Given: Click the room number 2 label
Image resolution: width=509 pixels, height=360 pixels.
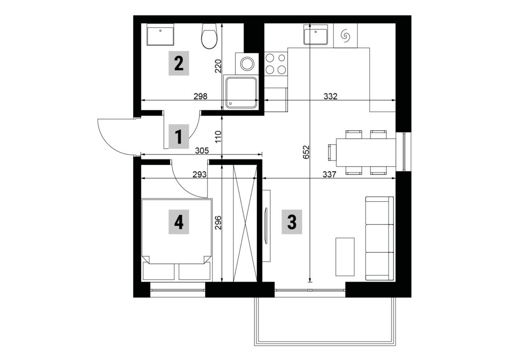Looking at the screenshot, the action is pos(178,63).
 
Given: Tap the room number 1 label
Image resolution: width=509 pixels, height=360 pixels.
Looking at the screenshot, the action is pos(178,137).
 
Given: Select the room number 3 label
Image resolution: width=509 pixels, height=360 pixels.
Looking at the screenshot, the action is pos(292,222).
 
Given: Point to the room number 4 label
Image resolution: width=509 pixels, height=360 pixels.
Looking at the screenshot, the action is pos(178,223).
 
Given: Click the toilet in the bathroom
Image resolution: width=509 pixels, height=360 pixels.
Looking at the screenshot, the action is pos(209,36).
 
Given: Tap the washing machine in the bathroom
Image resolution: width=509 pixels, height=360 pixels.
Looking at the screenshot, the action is pos(247,63).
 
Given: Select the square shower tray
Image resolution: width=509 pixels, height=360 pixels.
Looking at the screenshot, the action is pos(241,92).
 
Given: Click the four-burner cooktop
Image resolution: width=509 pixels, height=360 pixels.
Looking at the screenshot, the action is pos(276,64).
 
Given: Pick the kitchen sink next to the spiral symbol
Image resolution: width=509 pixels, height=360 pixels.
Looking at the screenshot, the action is pos(316,34).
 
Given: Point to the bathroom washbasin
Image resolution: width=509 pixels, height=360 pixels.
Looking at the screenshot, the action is pos(161,34).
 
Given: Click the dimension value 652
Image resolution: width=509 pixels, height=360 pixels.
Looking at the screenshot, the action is pos(306,152).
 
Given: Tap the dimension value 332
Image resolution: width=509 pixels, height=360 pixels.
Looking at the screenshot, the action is pos(331,96).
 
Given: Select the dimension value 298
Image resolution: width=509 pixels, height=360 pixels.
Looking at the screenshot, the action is pos(200,96).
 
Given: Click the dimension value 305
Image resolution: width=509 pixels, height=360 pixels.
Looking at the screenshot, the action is pos(201,151).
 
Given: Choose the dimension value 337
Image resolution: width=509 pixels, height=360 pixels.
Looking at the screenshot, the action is pos(329,175).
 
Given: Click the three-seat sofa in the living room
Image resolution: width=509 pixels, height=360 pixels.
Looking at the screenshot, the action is pos(379,238).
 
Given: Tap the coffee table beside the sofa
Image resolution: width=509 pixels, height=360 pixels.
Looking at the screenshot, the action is pos(345,257).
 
